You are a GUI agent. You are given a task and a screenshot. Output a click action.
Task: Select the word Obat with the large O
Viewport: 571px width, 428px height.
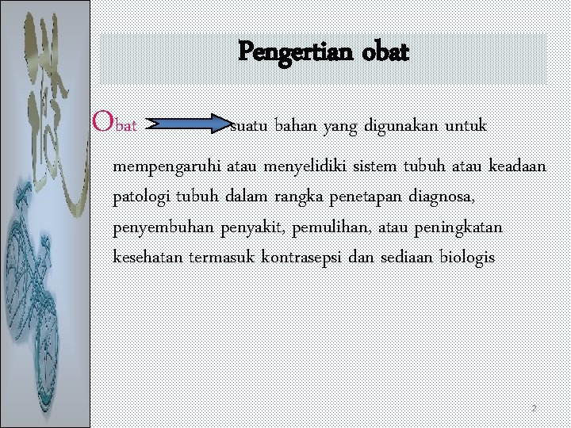tap(115, 123)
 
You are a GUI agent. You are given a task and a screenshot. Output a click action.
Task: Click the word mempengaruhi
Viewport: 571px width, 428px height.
tap(167, 167)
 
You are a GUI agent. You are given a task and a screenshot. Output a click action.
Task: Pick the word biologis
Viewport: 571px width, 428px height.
tap(466, 258)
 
